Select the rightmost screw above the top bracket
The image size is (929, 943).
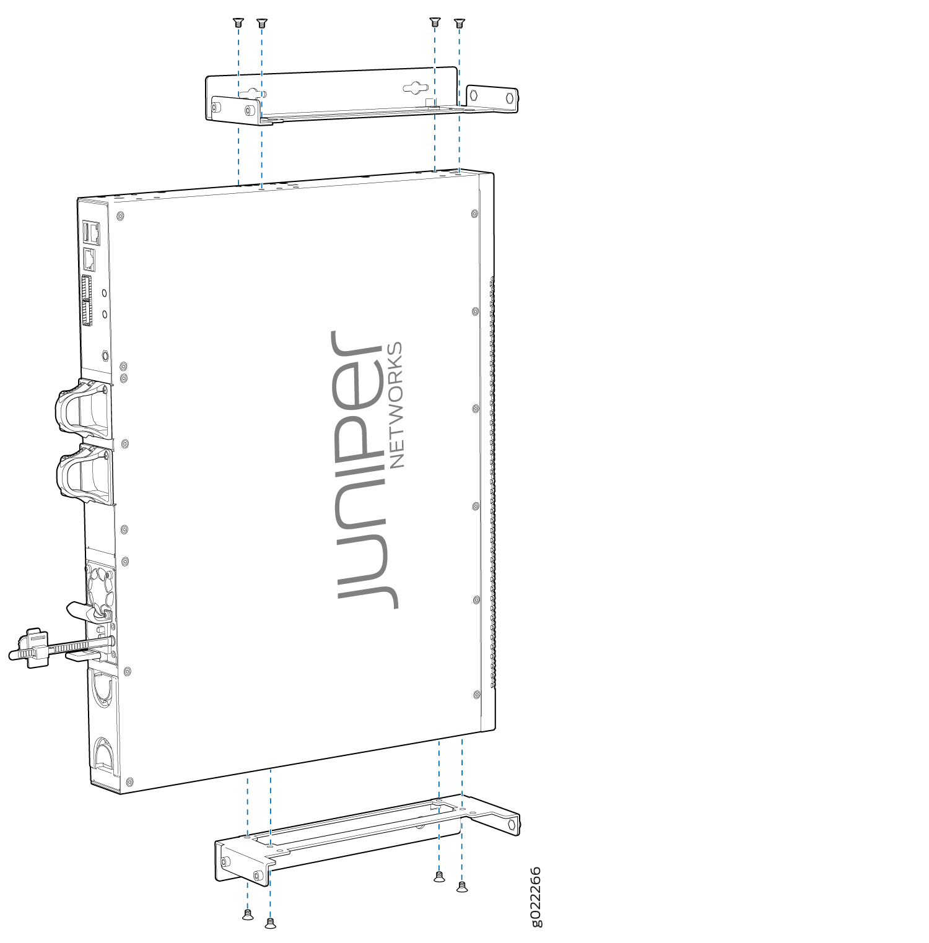pyautogui.click(x=459, y=24)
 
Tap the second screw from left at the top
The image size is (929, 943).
pyautogui.click(x=261, y=24)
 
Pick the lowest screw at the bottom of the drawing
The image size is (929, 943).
pyautogui.click(x=270, y=923)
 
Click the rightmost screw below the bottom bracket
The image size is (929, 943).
pyautogui.click(x=462, y=887)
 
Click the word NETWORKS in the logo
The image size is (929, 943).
pyautogui.click(x=395, y=404)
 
